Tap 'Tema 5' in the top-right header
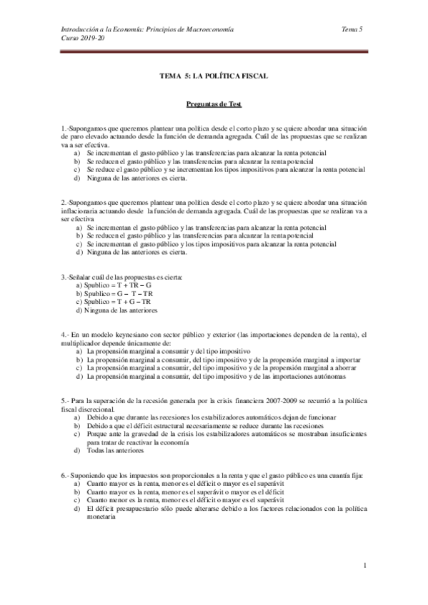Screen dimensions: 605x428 353,29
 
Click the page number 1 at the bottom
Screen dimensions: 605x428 364,566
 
